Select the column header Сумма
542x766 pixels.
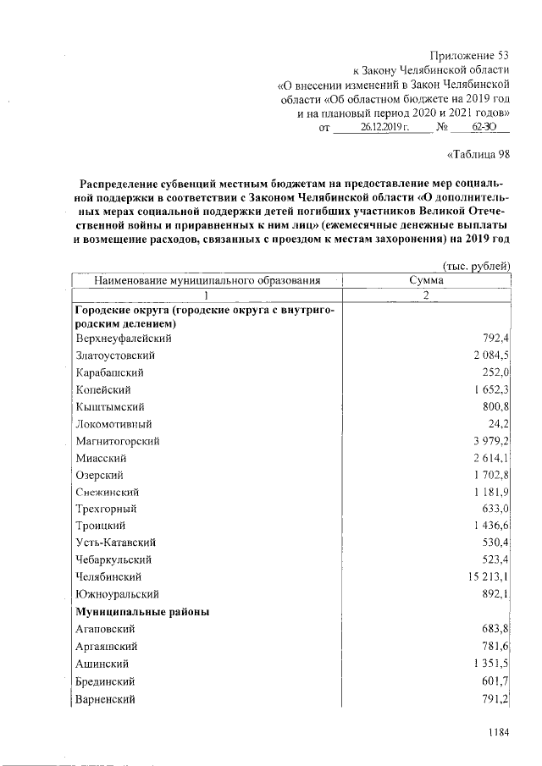coord(426,279)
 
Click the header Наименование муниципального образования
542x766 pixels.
coord(207,279)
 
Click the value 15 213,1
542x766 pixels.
coord(485,577)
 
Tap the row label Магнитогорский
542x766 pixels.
coord(118,441)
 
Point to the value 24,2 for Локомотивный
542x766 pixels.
coord(499,424)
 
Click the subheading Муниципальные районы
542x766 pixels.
coord(142,611)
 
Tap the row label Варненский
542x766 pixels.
coord(105,699)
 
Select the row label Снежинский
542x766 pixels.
coord(107,492)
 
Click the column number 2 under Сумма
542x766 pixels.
coord(427,295)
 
